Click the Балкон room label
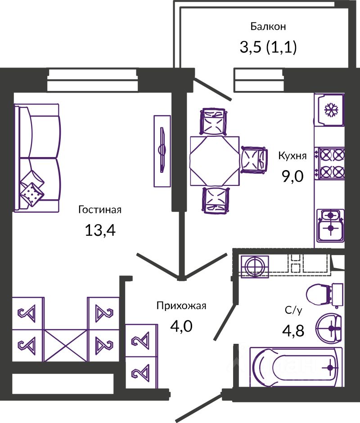[268, 27]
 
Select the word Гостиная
[100, 210]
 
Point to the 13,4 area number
[100, 230]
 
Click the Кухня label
[292, 156]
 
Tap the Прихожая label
[181, 306]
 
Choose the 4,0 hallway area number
[181, 325]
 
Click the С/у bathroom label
[294, 310]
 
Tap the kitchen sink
[330, 225]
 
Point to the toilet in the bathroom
[324, 294]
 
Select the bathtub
[293, 367]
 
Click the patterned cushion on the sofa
[32, 193]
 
